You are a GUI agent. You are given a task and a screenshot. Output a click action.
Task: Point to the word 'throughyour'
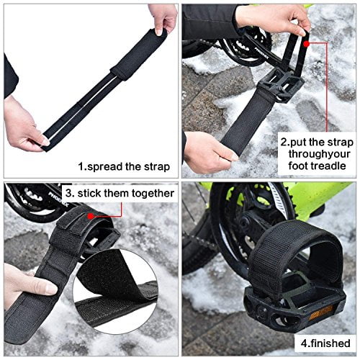pos(317,154)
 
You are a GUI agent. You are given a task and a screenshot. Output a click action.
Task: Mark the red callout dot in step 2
pos(307,43)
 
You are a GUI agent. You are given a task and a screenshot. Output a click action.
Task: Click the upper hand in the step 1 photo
pos(163,18)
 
